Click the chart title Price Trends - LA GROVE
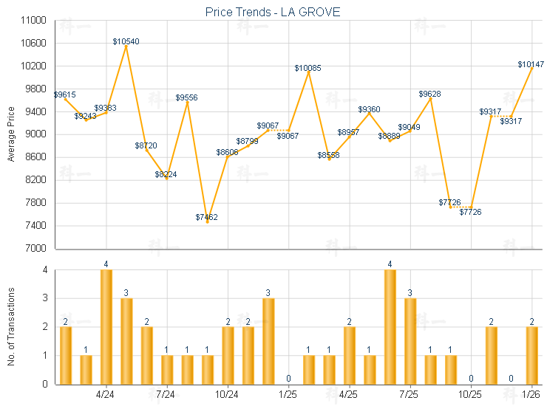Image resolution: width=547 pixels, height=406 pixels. click(273, 13)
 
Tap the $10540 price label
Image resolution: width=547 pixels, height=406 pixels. click(126, 41)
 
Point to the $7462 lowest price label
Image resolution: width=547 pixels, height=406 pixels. click(207, 217)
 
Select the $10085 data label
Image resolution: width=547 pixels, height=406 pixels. click(308, 68)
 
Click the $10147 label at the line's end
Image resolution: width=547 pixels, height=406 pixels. click(531, 64)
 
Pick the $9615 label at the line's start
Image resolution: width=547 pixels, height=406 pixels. click(65, 94)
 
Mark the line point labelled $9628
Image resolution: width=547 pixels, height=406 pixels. click(430, 99)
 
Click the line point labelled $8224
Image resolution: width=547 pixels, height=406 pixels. click(167, 179)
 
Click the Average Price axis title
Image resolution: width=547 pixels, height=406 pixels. click(10, 134)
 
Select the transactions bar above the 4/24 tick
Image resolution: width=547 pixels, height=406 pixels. click(106, 327)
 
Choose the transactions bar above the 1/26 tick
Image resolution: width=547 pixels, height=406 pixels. click(531, 355)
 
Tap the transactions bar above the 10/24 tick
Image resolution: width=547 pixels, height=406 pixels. click(228, 355)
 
